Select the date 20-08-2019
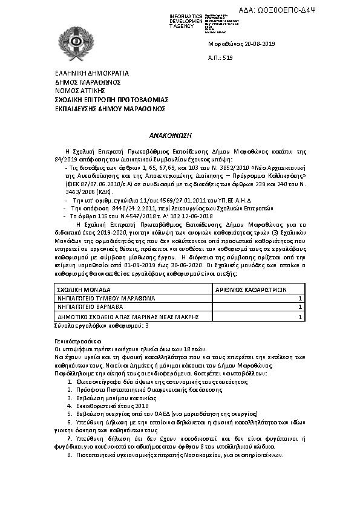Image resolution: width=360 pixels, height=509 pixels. [233, 44]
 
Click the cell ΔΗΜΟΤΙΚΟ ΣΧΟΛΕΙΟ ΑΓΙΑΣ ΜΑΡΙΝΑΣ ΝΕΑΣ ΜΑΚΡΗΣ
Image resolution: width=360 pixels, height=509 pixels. [122, 316]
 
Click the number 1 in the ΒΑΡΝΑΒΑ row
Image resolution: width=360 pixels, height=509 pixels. [301, 307]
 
